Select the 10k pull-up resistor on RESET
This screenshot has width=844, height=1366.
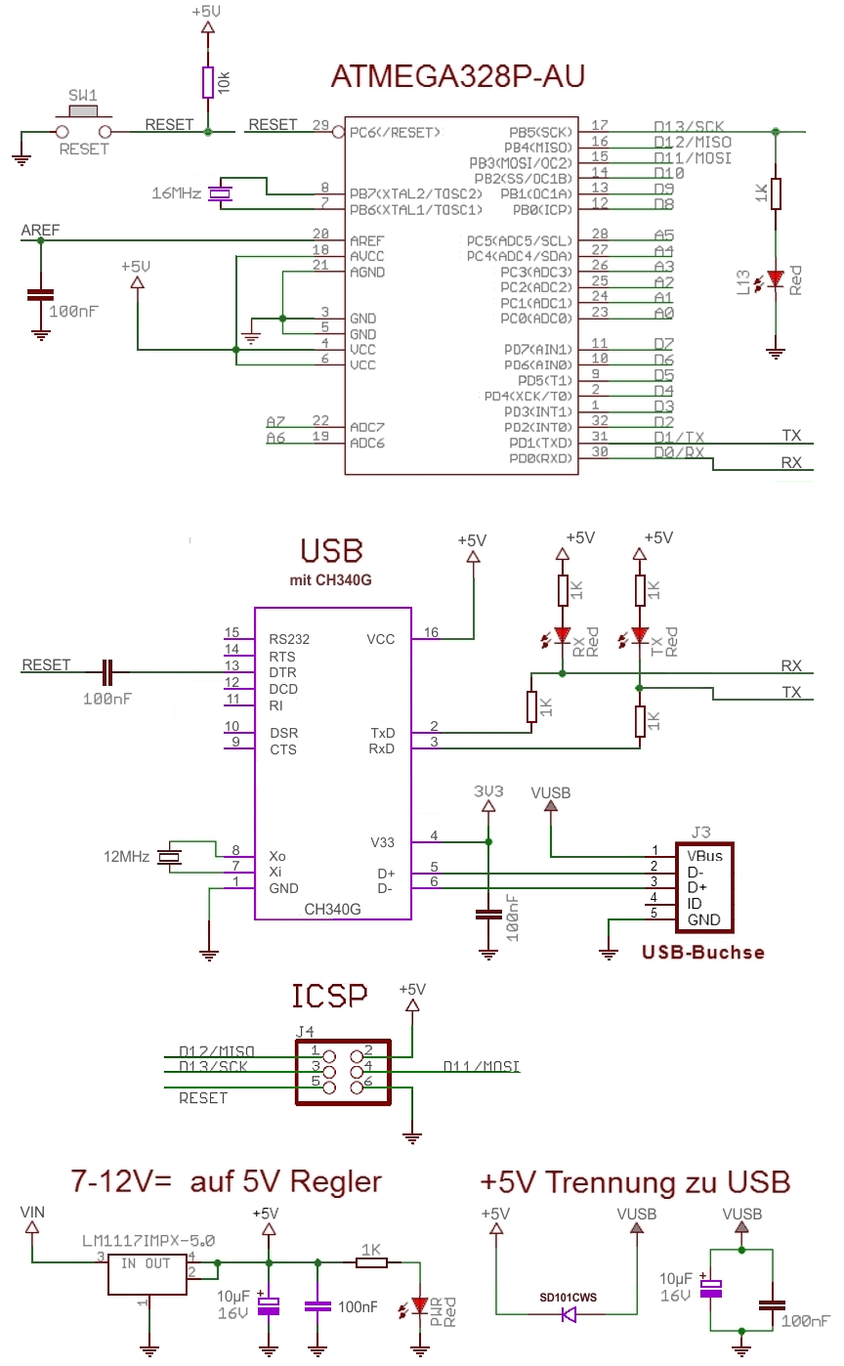pyautogui.click(x=207, y=82)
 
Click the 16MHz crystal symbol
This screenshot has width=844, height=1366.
pyautogui.click(x=224, y=193)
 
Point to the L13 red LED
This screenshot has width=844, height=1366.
pyautogui.click(x=776, y=280)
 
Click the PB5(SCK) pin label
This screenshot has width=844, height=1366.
pyautogui.click(x=540, y=131)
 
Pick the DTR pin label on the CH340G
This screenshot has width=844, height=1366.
pyautogui.click(x=283, y=672)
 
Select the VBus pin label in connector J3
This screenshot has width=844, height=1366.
pyautogui.click(x=703, y=855)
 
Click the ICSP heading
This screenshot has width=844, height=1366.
pyautogui.click(x=330, y=996)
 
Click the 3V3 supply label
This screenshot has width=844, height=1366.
pyautogui.click(x=488, y=790)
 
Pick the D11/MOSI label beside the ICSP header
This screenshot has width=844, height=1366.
pyautogui.click(x=481, y=1065)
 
